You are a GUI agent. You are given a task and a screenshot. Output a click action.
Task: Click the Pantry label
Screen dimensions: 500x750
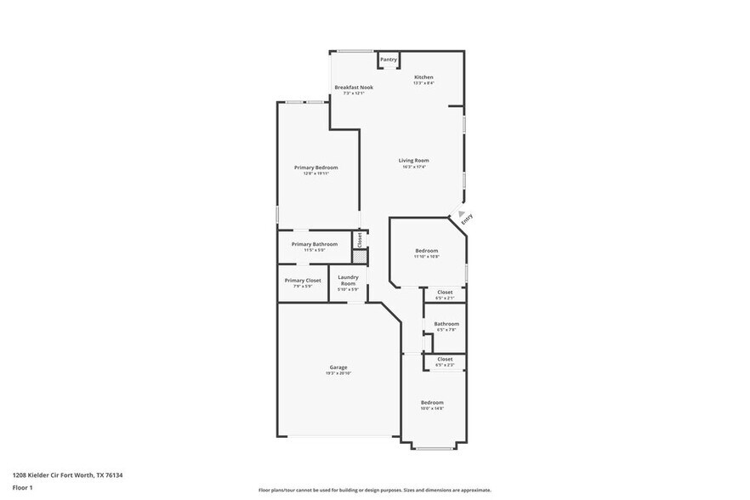pyautogui.click(x=389, y=60)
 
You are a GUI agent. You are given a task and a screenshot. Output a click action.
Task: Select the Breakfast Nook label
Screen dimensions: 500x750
pyautogui.click(x=353, y=88)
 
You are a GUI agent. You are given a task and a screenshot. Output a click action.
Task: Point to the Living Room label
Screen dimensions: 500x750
pyautogui.click(x=414, y=161)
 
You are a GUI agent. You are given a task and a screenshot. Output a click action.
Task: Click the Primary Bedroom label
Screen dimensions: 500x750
pyautogui.click(x=315, y=168)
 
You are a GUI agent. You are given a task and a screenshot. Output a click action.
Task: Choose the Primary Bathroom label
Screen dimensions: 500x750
pyautogui.click(x=314, y=244)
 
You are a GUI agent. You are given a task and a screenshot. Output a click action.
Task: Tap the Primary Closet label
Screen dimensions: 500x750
pyautogui.click(x=303, y=281)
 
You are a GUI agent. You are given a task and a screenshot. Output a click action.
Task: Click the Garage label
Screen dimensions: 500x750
pyautogui.click(x=338, y=367)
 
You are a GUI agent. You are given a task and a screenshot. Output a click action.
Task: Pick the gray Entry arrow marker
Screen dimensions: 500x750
pyautogui.click(x=461, y=213)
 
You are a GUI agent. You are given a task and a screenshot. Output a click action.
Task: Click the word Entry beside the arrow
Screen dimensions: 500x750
pyautogui.click(x=466, y=219)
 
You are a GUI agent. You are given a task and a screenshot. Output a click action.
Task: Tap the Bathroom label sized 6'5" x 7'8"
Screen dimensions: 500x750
pyautogui.click(x=446, y=324)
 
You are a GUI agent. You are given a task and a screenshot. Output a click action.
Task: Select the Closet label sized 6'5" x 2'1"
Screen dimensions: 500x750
pyautogui.click(x=445, y=293)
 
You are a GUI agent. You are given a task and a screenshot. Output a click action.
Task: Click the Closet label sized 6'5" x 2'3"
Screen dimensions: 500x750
pyautogui.click(x=445, y=360)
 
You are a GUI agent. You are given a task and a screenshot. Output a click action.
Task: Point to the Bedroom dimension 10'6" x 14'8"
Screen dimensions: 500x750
pyautogui.click(x=432, y=408)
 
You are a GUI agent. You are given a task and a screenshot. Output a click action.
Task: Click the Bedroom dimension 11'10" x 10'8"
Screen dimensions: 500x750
pyautogui.click(x=427, y=256)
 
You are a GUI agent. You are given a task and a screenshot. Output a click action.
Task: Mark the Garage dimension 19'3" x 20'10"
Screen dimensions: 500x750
pyautogui.click(x=338, y=373)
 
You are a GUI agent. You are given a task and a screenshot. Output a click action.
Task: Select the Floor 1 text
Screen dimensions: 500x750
pyautogui.click(x=22, y=487)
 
